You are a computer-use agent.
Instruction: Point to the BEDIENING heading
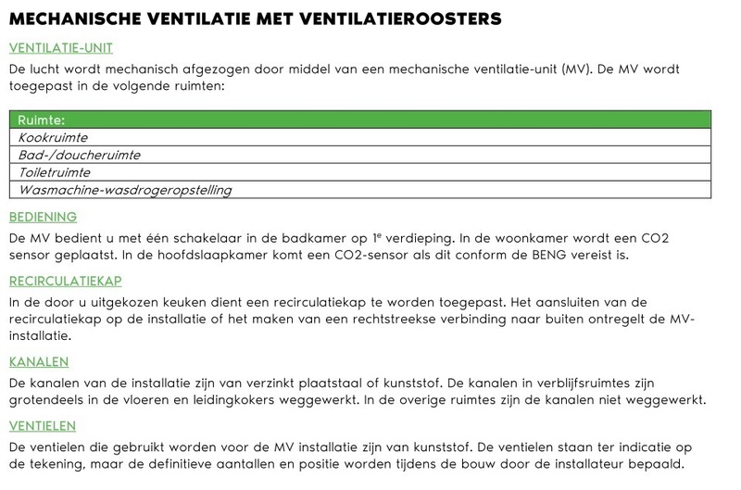[43, 218]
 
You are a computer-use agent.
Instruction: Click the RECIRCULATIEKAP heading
[65, 281]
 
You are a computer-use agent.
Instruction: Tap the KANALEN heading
[39, 362]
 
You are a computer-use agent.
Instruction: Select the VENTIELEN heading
[42, 426]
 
